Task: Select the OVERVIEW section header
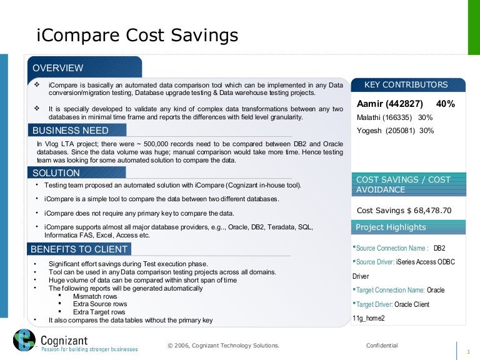[58, 67]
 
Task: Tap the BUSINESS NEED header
[70, 131]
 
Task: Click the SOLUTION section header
[56, 172]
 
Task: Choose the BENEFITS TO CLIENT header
[79, 249]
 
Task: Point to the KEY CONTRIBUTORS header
[406, 85]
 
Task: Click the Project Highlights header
[391, 227]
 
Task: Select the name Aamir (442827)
[390, 103]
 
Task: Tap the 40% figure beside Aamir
[446, 103]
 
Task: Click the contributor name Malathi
[369, 117]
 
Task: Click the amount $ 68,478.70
[428, 211]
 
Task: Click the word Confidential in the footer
[381, 346]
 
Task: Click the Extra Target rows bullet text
[99, 312]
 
